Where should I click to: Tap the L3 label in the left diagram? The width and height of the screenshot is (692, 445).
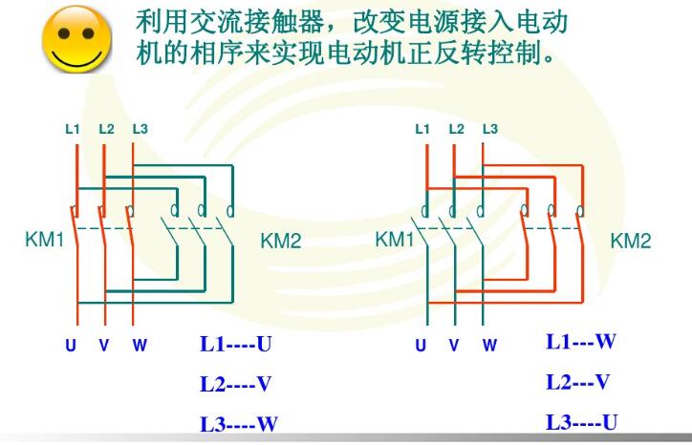[x=141, y=129]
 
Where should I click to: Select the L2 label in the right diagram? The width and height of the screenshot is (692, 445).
[x=456, y=129]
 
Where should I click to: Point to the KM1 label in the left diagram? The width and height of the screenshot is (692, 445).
[x=44, y=240]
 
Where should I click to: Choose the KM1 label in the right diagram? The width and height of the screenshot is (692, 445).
[x=394, y=240]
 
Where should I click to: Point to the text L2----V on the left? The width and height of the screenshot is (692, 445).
[x=236, y=384]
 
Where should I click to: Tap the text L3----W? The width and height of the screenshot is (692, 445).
[x=239, y=424]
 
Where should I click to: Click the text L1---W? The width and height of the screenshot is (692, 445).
[x=581, y=342]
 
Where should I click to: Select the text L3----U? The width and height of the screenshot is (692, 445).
[x=582, y=422]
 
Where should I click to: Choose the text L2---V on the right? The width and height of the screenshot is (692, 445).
[x=578, y=382]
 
